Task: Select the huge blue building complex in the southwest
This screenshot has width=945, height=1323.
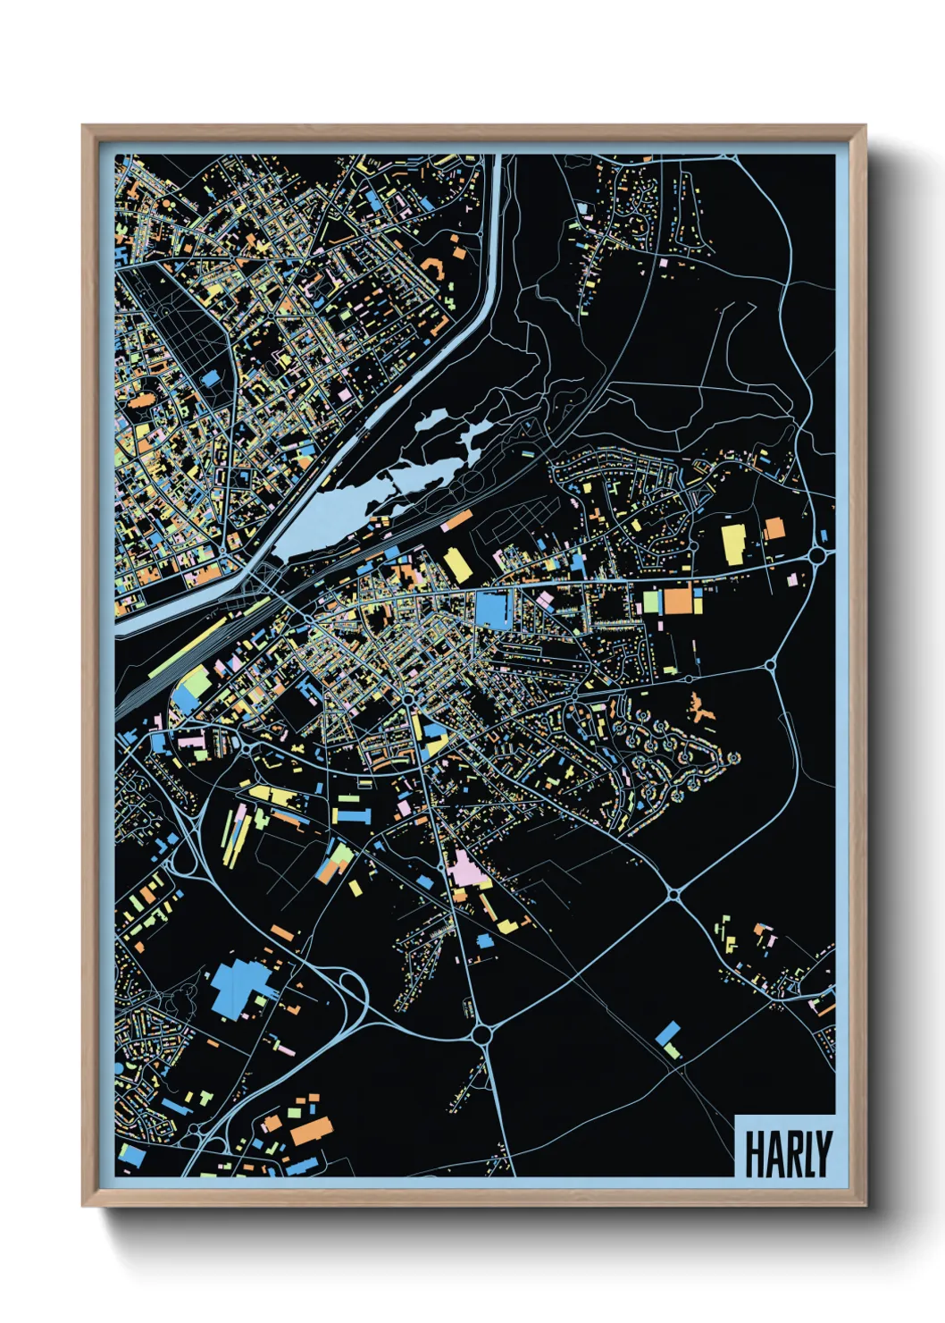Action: click(x=236, y=989)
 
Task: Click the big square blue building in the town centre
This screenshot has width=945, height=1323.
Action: click(x=490, y=609)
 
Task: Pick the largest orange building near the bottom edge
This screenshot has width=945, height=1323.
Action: click(x=310, y=1130)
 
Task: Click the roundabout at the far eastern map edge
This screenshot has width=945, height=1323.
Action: click(x=817, y=556)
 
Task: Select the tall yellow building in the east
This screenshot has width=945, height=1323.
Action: click(x=733, y=544)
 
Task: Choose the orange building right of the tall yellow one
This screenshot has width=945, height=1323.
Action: click(x=774, y=529)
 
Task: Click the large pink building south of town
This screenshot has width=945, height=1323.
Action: click(x=465, y=868)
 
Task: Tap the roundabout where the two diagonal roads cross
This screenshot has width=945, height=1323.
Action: click(x=674, y=893)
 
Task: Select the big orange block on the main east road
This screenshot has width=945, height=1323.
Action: click(x=678, y=600)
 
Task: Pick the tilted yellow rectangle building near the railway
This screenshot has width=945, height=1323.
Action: click(x=456, y=565)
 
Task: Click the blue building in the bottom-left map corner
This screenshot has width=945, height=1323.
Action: click(x=131, y=1156)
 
